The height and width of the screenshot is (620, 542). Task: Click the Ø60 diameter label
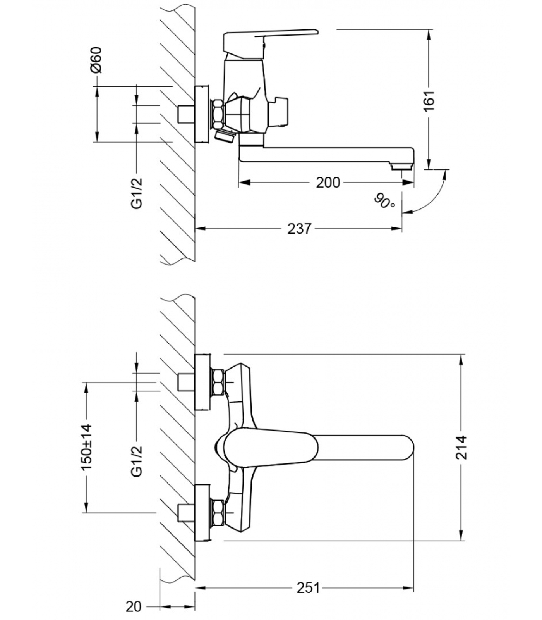96,60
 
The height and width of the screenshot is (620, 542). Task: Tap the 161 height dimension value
429,101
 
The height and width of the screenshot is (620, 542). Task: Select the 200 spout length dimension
328,182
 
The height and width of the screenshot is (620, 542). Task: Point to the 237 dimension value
299,229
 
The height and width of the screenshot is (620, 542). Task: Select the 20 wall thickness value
134,606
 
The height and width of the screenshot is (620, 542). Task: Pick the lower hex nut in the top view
217,513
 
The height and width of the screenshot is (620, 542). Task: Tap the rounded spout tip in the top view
405,448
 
